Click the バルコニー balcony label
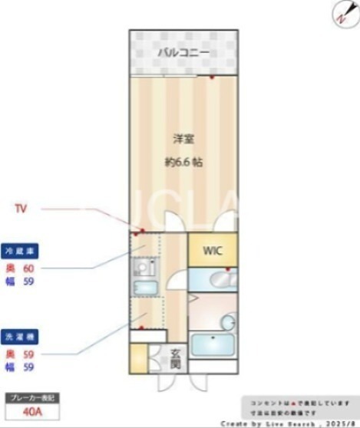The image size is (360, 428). pyautogui.click(x=183, y=53)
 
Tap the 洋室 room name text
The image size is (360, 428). pyautogui.click(x=183, y=139)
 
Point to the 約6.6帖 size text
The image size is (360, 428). pyautogui.click(x=183, y=162)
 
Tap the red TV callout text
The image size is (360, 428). pyautogui.click(x=22, y=208)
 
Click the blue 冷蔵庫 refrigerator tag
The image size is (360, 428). pyautogui.click(x=21, y=251)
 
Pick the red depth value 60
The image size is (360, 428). pyautogui.click(x=29, y=268)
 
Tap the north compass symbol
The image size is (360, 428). pyautogui.click(x=340, y=13)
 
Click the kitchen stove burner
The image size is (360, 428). pyautogui.click(x=143, y=268)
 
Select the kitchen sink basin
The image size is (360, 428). pyautogui.click(x=144, y=288)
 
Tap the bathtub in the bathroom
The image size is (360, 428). pyautogui.click(x=213, y=343)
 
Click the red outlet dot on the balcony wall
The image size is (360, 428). pyautogui.click(x=212, y=77)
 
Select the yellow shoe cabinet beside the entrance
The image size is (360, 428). pyautogui.click(x=138, y=358)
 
